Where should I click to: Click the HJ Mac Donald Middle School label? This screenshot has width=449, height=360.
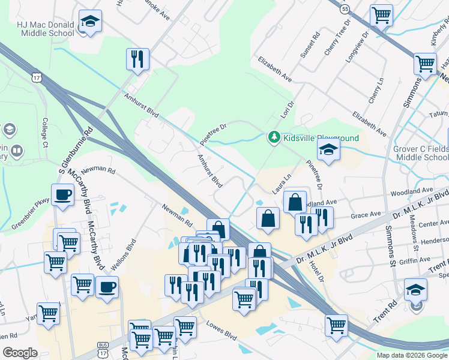pos(46,29)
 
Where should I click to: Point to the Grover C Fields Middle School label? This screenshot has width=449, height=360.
pos(421,153)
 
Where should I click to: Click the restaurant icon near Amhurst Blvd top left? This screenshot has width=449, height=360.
pos(137,59)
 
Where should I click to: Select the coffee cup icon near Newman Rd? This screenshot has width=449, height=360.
pos(63,195)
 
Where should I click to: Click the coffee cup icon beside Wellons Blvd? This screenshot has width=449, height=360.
pos(107,287)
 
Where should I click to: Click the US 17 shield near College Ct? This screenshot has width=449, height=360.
pos(37,78)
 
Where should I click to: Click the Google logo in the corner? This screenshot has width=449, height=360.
pos(20,353)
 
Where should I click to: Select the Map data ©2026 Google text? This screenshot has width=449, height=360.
pos(412,355)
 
